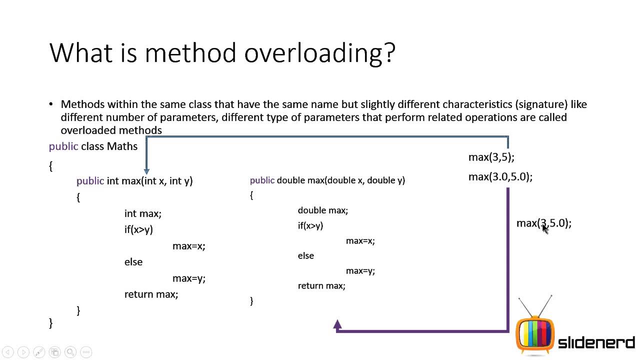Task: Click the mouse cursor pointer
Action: click(545, 228)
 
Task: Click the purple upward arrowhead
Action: click(337, 324)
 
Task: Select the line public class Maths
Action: click(93, 146)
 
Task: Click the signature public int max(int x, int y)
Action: click(134, 181)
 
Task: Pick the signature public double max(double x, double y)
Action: click(327, 180)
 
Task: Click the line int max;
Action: click(142, 213)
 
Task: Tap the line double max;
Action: click(322, 210)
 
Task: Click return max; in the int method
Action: click(151, 294)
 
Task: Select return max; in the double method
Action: click(321, 286)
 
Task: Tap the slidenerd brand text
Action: click(596, 343)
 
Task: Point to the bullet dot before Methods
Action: click(51, 104)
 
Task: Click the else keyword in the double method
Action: click(306, 256)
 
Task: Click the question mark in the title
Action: click(388, 53)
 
